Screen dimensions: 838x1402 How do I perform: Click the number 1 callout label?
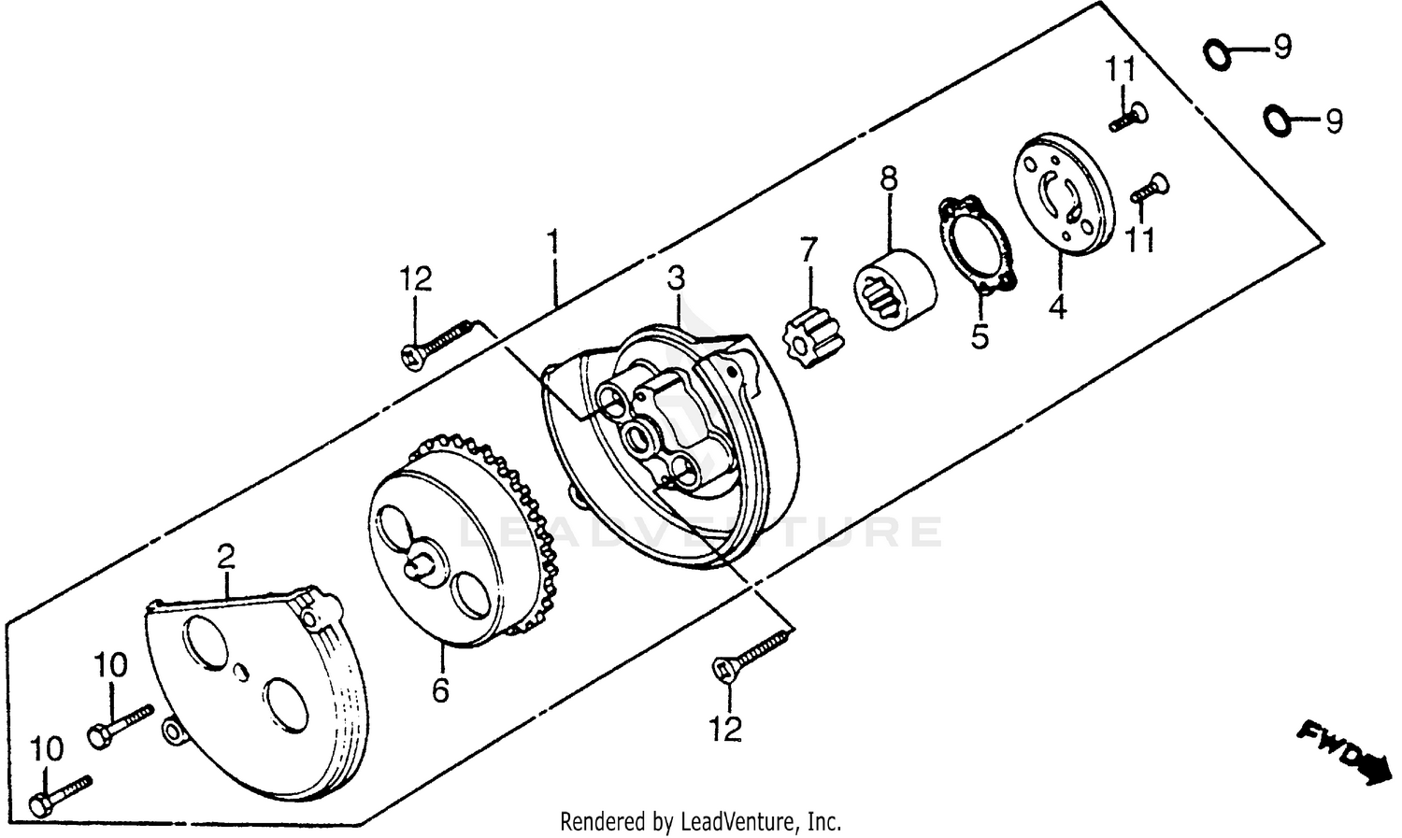click(553, 245)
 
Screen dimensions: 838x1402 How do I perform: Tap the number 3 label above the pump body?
click(676, 277)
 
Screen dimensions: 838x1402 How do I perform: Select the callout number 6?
click(440, 690)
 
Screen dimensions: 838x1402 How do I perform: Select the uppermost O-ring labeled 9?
click(1217, 54)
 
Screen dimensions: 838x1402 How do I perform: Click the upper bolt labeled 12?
click(437, 341)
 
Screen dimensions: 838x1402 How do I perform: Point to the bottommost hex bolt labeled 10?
click(61, 792)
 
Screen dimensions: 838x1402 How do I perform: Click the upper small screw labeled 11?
click(1128, 117)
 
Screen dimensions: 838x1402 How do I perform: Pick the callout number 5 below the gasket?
click(979, 334)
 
